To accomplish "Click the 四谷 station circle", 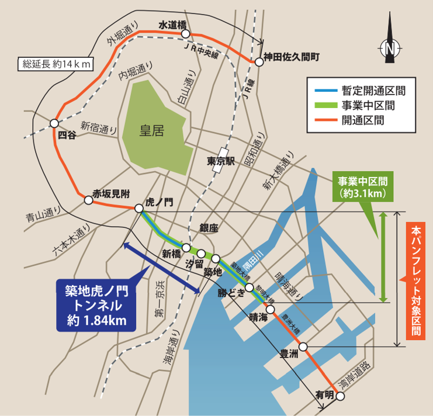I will click(x=54, y=123).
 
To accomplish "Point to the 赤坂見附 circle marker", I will click(x=88, y=200).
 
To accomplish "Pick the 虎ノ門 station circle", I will click(x=139, y=208).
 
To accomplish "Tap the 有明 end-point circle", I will click(x=340, y=397).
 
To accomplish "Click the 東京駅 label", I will click(x=220, y=161).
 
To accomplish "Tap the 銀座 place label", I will click(x=209, y=228).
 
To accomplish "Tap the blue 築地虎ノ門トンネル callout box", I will click(x=95, y=304).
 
